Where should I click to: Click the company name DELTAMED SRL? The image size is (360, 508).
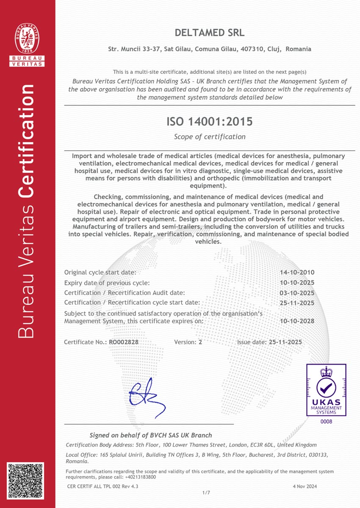210,33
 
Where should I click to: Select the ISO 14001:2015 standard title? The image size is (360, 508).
210,122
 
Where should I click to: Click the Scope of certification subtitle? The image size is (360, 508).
210,137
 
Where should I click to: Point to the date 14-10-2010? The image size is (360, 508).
297,273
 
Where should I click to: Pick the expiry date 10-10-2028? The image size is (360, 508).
297,321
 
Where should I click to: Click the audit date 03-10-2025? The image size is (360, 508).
297,293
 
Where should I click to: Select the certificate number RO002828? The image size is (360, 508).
124,342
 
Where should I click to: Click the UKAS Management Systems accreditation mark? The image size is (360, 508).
326,390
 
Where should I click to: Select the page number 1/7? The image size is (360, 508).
206,493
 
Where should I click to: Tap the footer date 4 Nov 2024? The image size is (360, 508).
305,486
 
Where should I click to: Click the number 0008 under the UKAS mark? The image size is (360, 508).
326,422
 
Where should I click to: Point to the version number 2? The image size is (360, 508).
200,342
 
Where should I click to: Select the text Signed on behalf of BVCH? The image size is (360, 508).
150,435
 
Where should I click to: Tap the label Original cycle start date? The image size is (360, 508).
100,273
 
